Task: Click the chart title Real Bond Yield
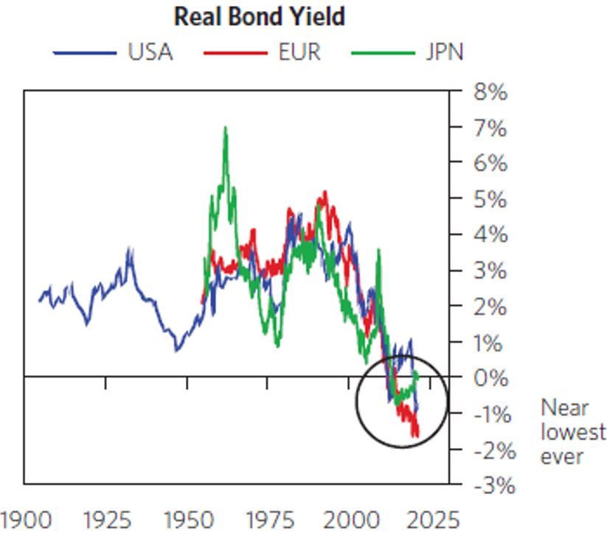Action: coord(259,16)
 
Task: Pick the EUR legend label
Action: coord(299,53)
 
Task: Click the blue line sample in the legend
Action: coord(84,53)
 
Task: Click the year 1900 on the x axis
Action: coord(25,520)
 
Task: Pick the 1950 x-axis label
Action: coord(188,520)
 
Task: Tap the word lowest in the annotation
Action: coord(573,432)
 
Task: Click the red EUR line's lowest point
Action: coord(416,436)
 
